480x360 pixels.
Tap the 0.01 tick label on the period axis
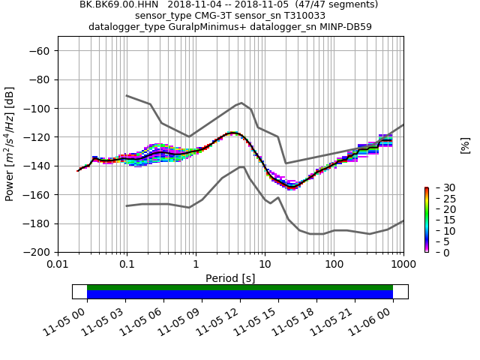(58, 264)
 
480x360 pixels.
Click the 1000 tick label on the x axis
(403, 264)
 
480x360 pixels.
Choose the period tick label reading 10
(265, 264)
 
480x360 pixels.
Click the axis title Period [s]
(230, 278)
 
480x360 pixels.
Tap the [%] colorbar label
(465, 145)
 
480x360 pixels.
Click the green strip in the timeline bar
(240, 287)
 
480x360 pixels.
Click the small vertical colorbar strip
(426, 220)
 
